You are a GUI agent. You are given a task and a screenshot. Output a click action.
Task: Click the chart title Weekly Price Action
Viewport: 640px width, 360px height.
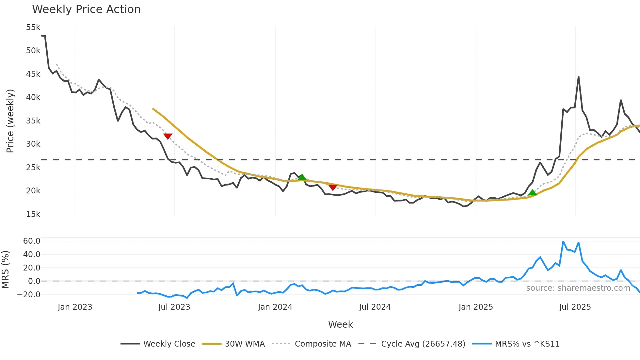pyautogui.click(x=86, y=9)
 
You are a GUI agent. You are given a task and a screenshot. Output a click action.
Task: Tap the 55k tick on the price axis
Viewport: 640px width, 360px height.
pyautogui.click(x=33, y=27)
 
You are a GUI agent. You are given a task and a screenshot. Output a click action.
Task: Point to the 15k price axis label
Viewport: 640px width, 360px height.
pyautogui.click(x=33, y=214)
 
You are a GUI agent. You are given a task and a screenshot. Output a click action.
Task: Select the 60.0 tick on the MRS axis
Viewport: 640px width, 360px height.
pyautogui.click(x=32, y=241)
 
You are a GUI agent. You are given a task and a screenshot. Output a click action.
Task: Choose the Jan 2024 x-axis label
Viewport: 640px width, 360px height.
pyautogui.click(x=275, y=307)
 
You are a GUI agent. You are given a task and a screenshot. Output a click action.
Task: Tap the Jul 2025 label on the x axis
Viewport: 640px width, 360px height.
pyautogui.click(x=575, y=307)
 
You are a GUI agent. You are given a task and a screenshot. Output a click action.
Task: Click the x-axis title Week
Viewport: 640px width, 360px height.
pyautogui.click(x=340, y=324)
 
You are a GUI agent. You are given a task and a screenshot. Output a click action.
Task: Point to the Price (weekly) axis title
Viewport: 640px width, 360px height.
pyautogui.click(x=10, y=121)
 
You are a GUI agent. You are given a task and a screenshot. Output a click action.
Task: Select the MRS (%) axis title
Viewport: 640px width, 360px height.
pyautogui.click(x=5, y=270)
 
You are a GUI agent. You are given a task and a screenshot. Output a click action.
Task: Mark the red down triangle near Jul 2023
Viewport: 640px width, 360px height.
pyautogui.click(x=168, y=136)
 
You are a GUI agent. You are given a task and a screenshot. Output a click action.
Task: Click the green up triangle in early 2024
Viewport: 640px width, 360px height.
pyautogui.click(x=302, y=177)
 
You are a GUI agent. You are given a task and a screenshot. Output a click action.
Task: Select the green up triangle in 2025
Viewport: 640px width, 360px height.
pyautogui.click(x=532, y=192)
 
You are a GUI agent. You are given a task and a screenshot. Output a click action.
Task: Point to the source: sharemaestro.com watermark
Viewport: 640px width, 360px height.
pyautogui.click(x=578, y=288)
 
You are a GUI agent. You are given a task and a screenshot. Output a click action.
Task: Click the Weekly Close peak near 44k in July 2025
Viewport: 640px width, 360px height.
pyautogui.click(x=578, y=77)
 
